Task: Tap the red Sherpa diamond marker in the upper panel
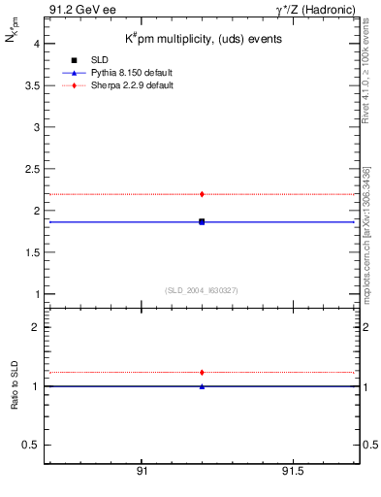click(x=202, y=194)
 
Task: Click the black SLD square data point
click(x=202, y=221)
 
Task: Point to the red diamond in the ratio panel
click(x=202, y=372)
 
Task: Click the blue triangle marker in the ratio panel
click(x=202, y=386)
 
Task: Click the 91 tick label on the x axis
click(x=142, y=472)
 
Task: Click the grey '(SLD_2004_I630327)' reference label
click(x=201, y=289)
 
